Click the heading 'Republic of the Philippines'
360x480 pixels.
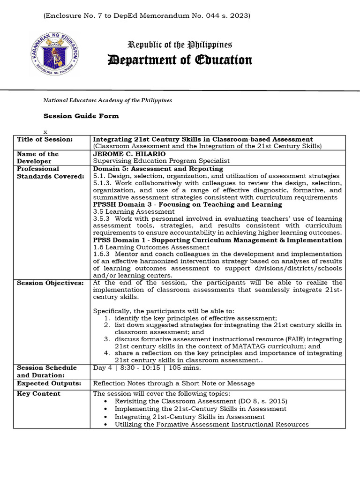[x=180, y=45]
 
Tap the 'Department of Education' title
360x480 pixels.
[x=180, y=60]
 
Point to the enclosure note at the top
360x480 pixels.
[x=147, y=15]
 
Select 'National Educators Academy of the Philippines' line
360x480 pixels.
[x=107, y=100]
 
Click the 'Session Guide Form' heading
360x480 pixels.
[x=81, y=116]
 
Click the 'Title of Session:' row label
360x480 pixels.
[x=45, y=139]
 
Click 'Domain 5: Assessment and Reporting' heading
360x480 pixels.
[x=158, y=169]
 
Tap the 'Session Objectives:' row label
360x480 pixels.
[x=50, y=283]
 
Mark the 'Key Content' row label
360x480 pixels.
[x=38, y=394]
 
